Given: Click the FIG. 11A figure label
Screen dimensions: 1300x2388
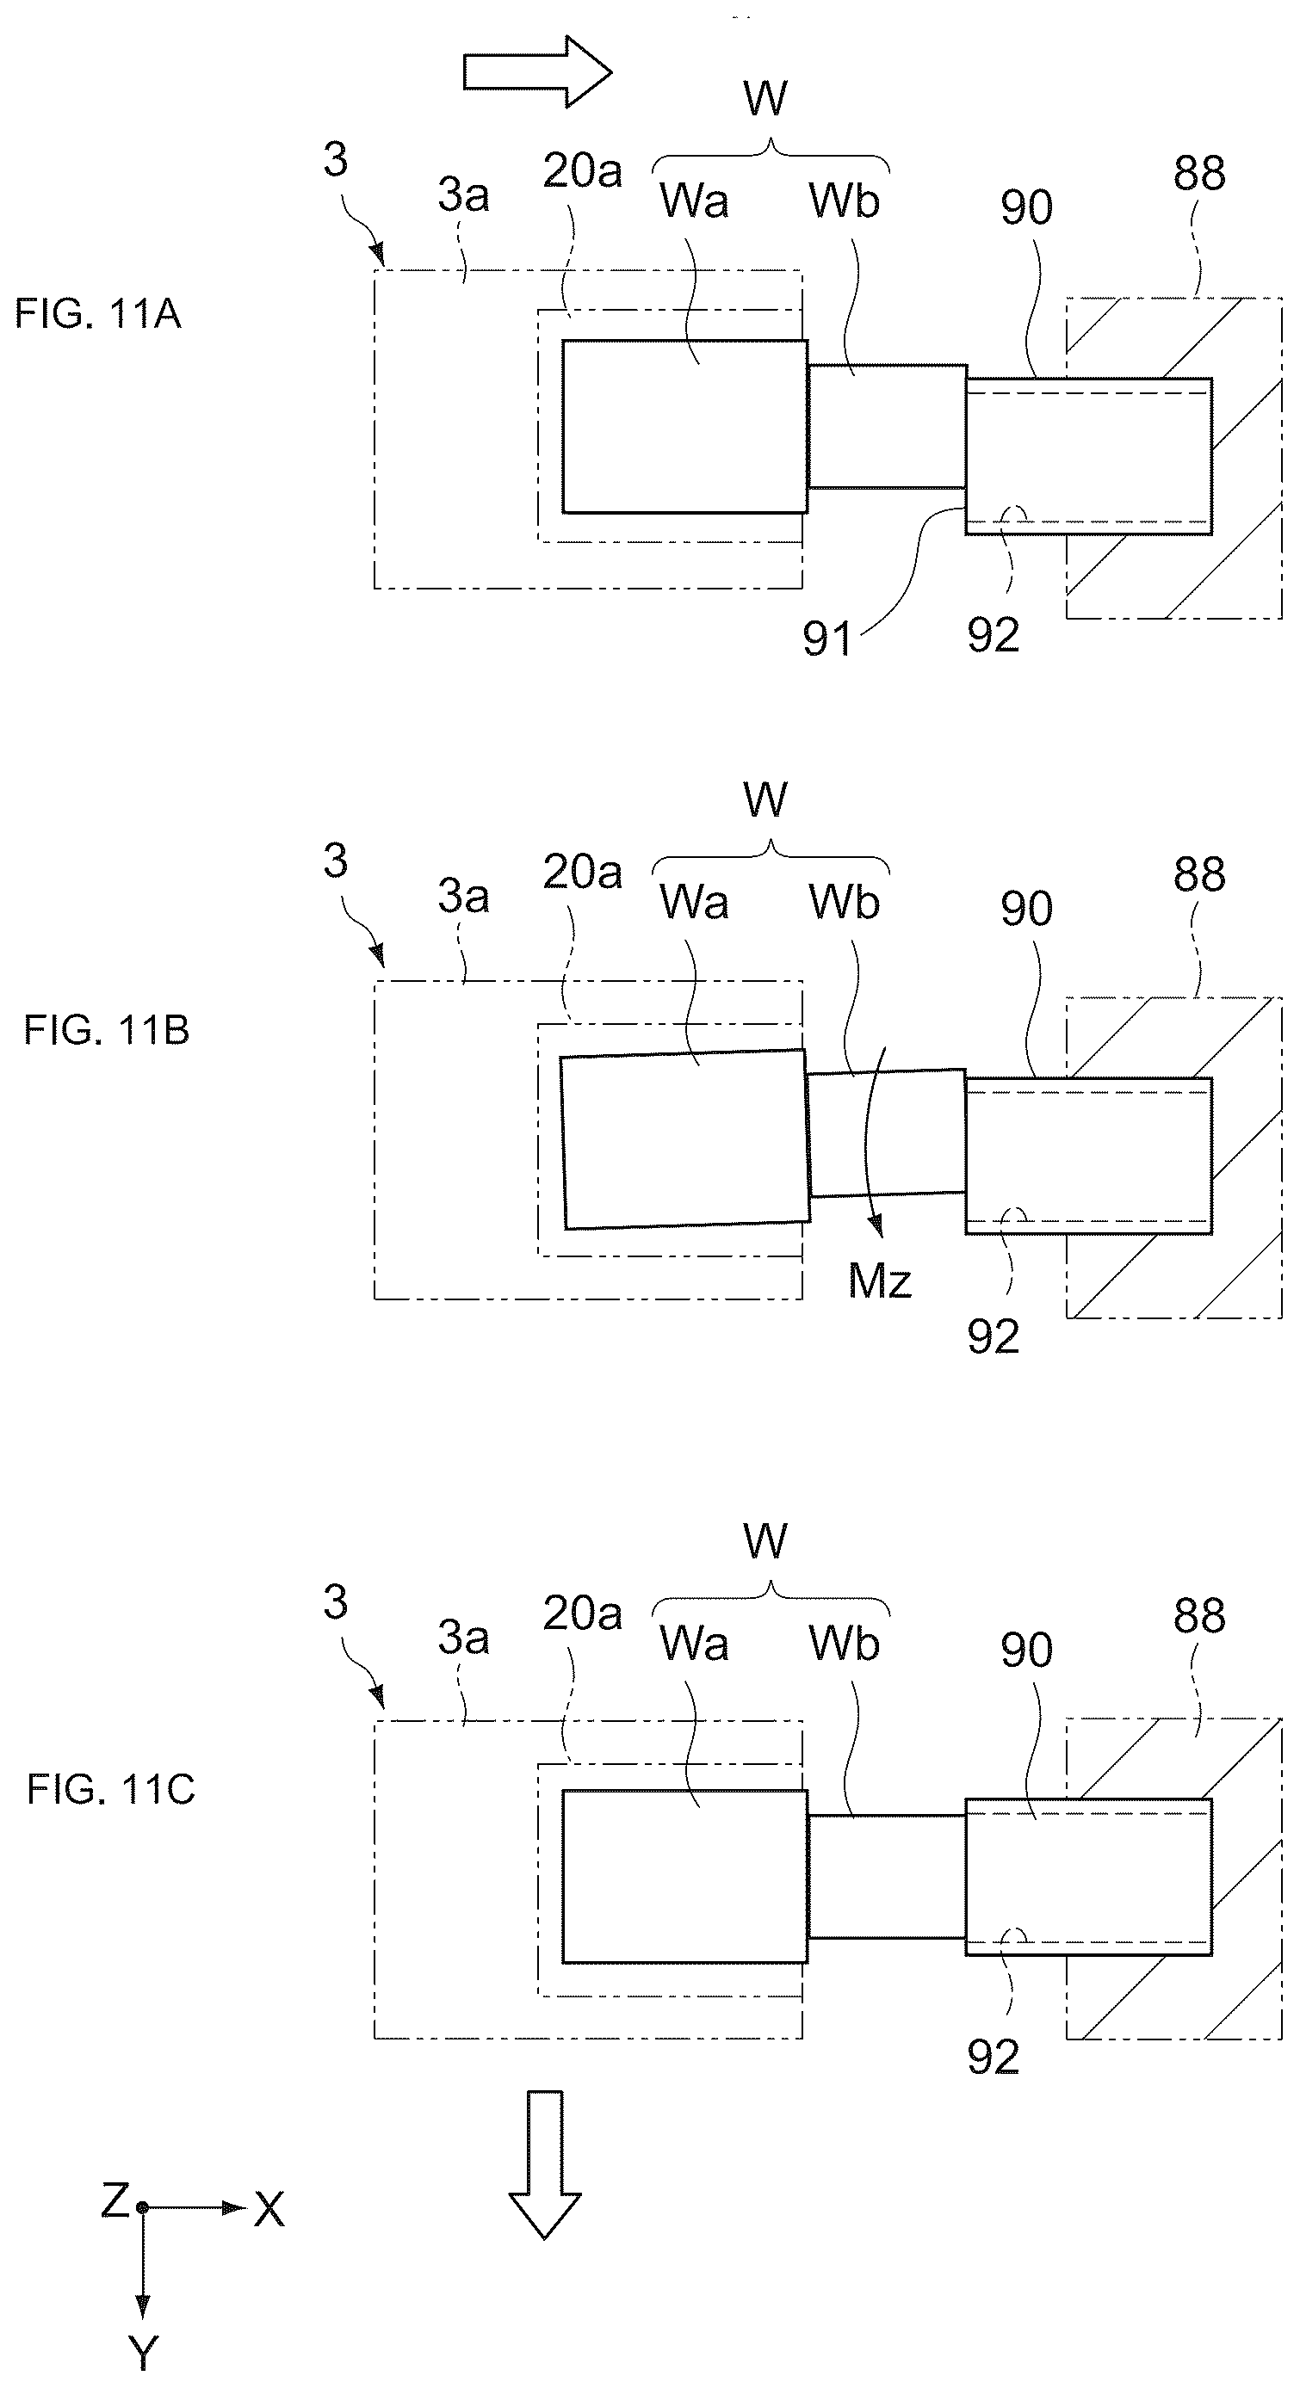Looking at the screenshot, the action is (x=97, y=314).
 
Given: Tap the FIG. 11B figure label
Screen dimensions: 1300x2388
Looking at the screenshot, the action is (x=107, y=1030).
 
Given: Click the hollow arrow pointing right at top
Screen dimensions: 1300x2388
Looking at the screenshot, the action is (x=538, y=72).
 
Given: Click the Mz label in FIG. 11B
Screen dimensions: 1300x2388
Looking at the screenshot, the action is (x=880, y=1281).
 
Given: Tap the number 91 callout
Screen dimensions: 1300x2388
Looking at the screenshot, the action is (x=827, y=639).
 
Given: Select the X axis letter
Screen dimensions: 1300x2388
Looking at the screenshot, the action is (x=269, y=2210).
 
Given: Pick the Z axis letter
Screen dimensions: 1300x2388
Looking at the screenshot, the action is (x=115, y=2200).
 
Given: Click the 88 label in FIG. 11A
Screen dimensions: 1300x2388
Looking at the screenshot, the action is (x=1199, y=173).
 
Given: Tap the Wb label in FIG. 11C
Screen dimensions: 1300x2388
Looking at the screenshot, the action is (x=844, y=1644).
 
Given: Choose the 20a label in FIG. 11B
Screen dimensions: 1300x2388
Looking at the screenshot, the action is (x=582, y=872).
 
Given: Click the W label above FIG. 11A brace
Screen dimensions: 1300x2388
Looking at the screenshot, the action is (x=766, y=98).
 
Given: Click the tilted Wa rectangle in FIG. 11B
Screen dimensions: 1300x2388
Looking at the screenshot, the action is (x=685, y=1139).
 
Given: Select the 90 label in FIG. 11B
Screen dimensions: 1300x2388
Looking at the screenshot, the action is (x=1026, y=909).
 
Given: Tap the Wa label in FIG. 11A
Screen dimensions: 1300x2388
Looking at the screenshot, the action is (x=694, y=201).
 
